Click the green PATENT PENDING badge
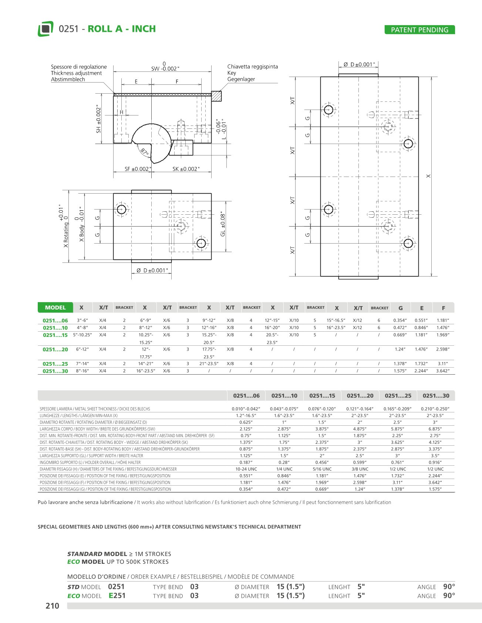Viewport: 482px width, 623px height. click(x=419, y=30)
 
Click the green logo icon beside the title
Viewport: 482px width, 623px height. click(x=45, y=29)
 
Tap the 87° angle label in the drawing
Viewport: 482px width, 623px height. click(x=144, y=151)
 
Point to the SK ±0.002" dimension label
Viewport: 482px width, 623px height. click(x=186, y=169)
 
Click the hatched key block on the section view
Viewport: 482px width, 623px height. click(x=216, y=96)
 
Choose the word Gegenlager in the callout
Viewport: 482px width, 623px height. click(x=241, y=79)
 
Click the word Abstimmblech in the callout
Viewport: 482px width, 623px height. click(x=68, y=80)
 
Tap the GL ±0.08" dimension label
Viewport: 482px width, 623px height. click(x=223, y=225)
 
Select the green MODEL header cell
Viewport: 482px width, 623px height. click(x=55, y=308)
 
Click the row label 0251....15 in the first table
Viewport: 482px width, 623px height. click(x=55, y=335)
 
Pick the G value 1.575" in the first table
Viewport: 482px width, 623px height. click(x=400, y=371)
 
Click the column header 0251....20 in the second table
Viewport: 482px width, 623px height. click(x=360, y=396)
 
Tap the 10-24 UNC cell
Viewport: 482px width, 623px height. click(x=246, y=469)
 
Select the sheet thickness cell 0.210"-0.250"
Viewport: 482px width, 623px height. click(x=435, y=409)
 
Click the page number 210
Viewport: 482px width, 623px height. click(x=52, y=606)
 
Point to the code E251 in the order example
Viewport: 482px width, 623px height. click(x=117, y=596)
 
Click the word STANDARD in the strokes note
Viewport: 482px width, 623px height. click(x=85, y=554)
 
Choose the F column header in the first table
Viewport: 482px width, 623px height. click(x=443, y=308)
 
